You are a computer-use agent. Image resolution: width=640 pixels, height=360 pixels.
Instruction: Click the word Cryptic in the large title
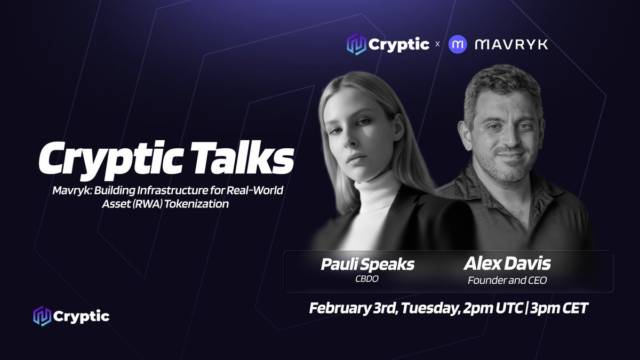pos(111,161)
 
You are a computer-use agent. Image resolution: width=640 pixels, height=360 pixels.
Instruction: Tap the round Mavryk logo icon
pos(458,44)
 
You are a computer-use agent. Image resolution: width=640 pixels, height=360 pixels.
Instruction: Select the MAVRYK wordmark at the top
pos(511,45)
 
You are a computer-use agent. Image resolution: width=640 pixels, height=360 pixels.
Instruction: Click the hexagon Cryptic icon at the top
pos(356,44)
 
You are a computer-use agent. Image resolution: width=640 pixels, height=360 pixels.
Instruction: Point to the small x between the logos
pos(437,44)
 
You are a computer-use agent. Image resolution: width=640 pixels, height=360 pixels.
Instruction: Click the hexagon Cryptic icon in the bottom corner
pos(42,316)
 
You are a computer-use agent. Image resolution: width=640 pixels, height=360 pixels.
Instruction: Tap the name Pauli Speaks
pos(367,265)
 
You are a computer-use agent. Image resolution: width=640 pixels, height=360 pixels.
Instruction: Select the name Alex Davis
pos(507,263)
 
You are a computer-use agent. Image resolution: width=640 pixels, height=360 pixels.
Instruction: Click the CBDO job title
pos(367,279)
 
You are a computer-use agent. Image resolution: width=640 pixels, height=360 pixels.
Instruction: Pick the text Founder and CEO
pos(507,281)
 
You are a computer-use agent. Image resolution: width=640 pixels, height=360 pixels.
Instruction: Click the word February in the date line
pos(339,309)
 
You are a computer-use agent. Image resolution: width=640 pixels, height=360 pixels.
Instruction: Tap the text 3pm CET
pos(559,308)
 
